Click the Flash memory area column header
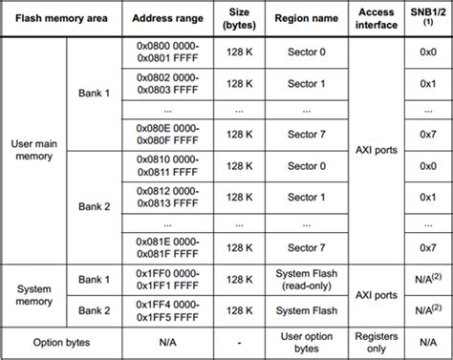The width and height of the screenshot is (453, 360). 61,19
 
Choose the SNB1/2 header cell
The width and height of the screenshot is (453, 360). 428,19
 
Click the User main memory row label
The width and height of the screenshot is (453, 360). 34,149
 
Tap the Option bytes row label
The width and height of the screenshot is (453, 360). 61,341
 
